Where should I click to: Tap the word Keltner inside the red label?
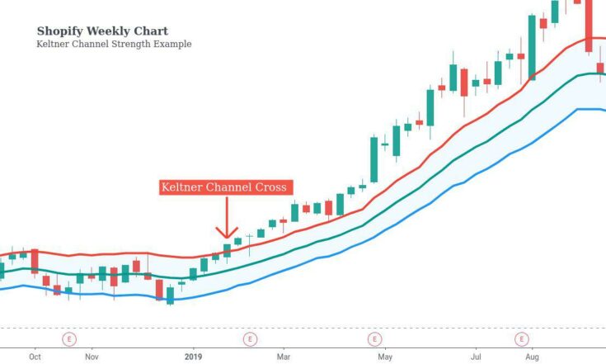[x=182, y=187]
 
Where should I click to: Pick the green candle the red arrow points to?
[x=227, y=250]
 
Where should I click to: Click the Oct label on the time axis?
[x=35, y=357]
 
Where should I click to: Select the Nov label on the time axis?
[x=92, y=357]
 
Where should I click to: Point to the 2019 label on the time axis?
[x=193, y=357]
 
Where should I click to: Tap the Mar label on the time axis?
[x=284, y=357]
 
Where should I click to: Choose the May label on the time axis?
[x=385, y=357]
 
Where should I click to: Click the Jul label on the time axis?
[x=476, y=357]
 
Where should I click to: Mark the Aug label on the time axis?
[x=533, y=357]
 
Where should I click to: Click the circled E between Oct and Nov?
[x=69, y=338]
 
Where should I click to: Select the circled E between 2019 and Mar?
[x=249, y=338]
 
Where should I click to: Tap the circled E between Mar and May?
[x=374, y=338]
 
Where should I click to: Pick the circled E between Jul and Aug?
[x=521, y=338]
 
